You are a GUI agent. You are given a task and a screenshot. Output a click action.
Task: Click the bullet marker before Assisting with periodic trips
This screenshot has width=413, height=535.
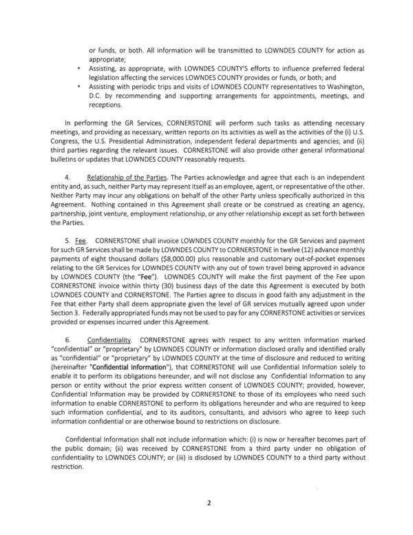coord(80,88)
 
